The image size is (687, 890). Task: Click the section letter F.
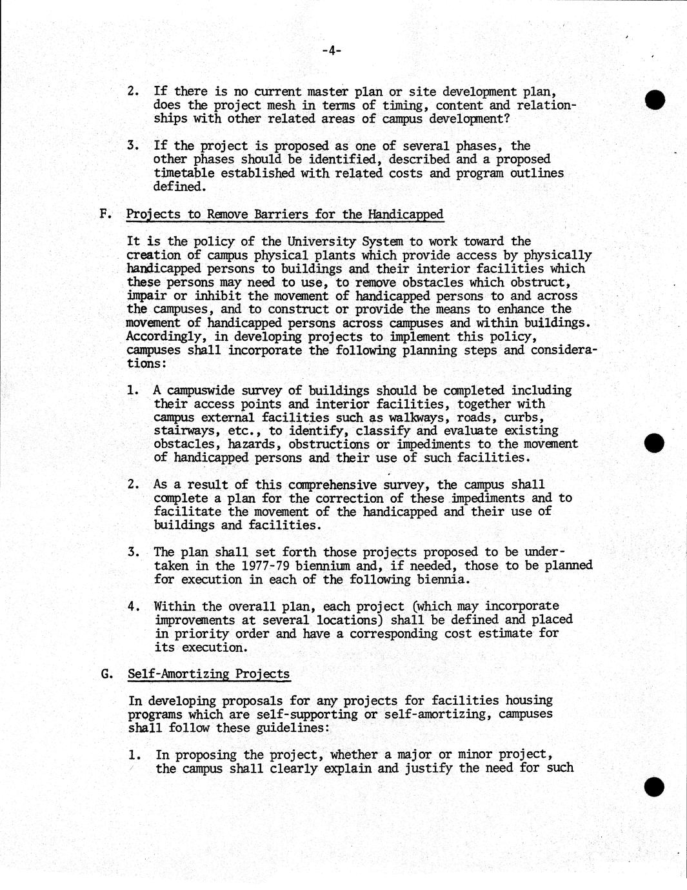(x=105, y=214)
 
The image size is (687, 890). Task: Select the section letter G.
(x=106, y=674)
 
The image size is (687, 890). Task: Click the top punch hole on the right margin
(x=655, y=100)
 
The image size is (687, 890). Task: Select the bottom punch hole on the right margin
(x=654, y=786)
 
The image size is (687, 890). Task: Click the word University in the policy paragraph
(x=321, y=242)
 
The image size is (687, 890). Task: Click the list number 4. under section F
(x=134, y=607)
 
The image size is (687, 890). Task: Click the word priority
(x=194, y=634)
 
